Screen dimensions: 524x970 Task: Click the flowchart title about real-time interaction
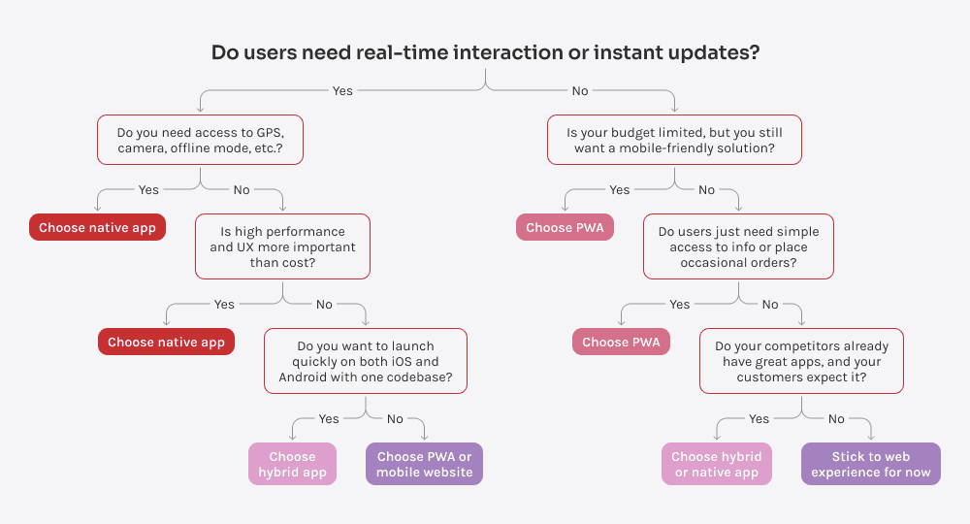pos(485,53)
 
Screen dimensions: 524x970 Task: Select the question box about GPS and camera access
pos(200,141)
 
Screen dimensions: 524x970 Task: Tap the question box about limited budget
pos(674,141)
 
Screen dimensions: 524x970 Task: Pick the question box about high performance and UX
pos(282,247)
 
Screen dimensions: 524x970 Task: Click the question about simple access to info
pos(738,247)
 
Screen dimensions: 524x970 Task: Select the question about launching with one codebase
pos(366,361)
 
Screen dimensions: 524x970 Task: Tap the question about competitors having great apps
pos(801,361)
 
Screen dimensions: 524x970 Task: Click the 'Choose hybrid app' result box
pos(292,464)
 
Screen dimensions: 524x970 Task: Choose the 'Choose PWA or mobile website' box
pos(424,464)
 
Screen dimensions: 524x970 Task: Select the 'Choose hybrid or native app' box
pos(717,464)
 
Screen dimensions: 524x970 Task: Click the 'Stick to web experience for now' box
pos(870,464)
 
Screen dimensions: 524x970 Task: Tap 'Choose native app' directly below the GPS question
pos(97,228)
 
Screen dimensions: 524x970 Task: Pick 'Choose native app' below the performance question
pos(166,342)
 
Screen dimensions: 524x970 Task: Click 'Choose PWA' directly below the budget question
pos(565,228)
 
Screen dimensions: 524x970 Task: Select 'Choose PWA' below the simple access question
pos(621,342)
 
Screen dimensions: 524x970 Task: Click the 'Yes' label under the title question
pos(342,91)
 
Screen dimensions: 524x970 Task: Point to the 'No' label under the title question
pos(580,91)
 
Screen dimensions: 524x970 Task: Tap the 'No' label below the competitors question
pos(836,419)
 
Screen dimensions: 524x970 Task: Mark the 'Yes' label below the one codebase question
pos(329,419)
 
